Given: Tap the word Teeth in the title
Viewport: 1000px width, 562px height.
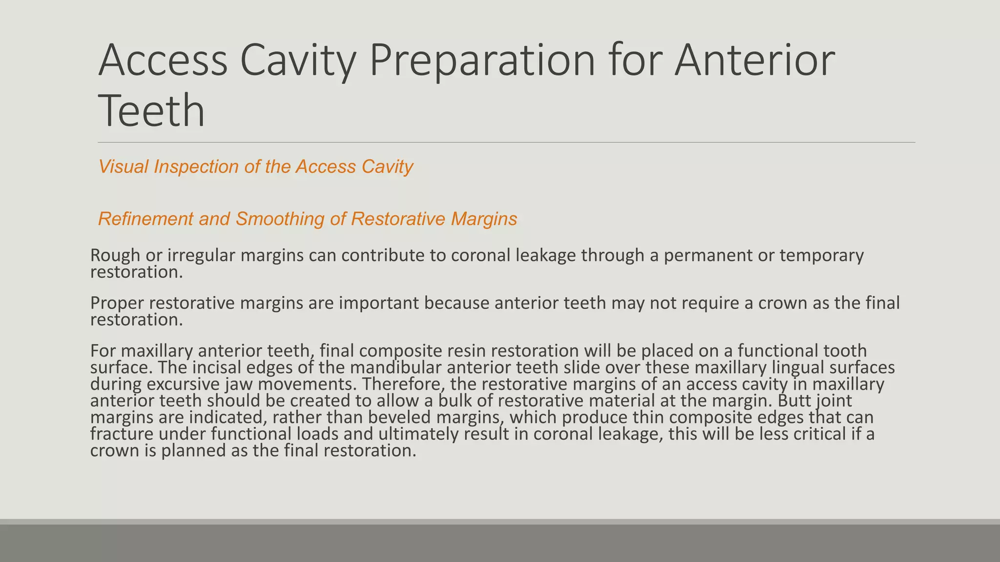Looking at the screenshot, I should [151, 111].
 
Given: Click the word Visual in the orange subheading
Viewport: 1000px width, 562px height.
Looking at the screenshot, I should [123, 167].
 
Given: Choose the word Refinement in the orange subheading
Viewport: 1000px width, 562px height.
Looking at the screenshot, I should [146, 219].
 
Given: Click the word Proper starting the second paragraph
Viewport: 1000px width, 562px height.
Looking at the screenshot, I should [117, 303].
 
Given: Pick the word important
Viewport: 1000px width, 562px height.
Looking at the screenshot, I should [379, 303].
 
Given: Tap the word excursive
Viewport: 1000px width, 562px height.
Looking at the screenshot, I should [182, 384].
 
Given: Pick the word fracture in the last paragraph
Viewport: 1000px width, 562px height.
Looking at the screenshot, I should [123, 434].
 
